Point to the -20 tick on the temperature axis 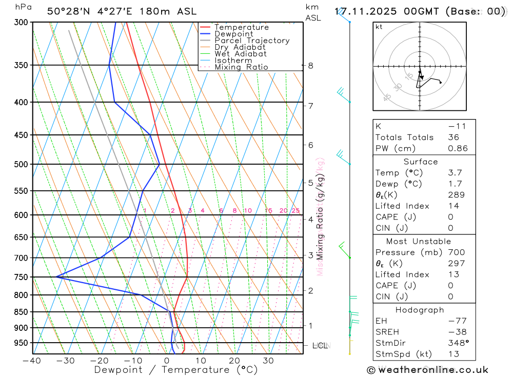(100, 361)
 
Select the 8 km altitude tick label (310, 66)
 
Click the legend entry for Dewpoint (233, 34)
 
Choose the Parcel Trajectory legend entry (252, 41)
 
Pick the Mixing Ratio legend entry (241, 67)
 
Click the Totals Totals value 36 (453, 137)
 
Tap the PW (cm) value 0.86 (458, 149)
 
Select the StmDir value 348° (456, 343)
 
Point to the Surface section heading (421, 162)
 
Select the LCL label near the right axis (320, 346)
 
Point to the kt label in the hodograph (379, 27)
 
